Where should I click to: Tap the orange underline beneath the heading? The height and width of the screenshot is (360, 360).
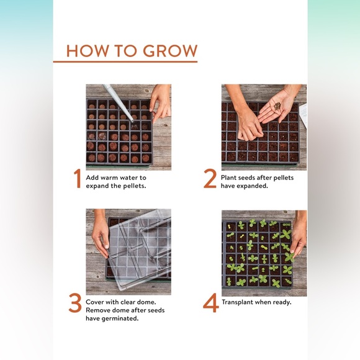tap(125, 61)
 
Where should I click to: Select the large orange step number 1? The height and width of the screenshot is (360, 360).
tap(78, 179)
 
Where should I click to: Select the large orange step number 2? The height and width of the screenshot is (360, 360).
tap(210, 179)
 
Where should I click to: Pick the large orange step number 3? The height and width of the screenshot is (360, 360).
tap(75, 304)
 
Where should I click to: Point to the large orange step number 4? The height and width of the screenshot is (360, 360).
tap(210, 304)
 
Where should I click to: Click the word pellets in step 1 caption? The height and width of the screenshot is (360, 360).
tap(133, 186)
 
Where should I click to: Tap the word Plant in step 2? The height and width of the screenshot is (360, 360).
tap(230, 178)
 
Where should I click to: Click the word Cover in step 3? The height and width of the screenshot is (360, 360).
tap(98, 302)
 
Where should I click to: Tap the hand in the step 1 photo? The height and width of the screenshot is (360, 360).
tap(161, 99)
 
